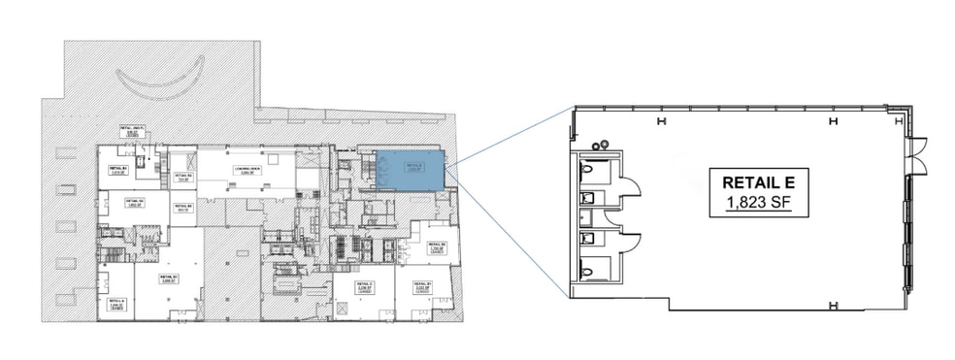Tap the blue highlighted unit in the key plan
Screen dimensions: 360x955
click(412, 170)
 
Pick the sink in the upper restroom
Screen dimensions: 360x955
click(586, 198)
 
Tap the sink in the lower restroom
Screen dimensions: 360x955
click(586, 237)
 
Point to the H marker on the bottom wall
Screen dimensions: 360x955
click(834, 307)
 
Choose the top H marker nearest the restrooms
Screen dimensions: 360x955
click(661, 120)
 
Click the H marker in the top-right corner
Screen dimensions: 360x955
click(834, 121)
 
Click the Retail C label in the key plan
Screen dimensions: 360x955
click(365, 286)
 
